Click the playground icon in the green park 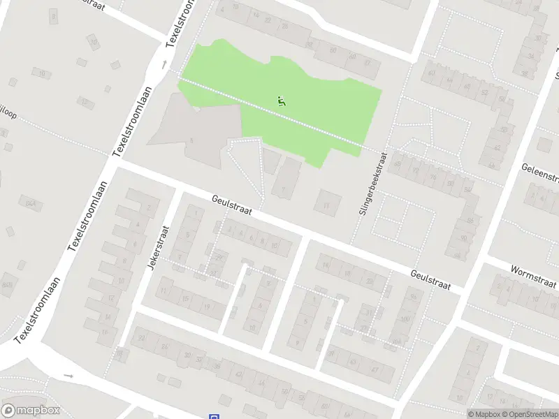point(282,101)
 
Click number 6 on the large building point(191,140)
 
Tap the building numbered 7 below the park point(283,189)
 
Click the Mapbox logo point(31,411)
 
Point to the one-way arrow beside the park point(165,65)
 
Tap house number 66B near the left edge point(7,285)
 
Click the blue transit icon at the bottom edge point(213,417)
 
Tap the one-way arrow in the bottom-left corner point(68,376)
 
